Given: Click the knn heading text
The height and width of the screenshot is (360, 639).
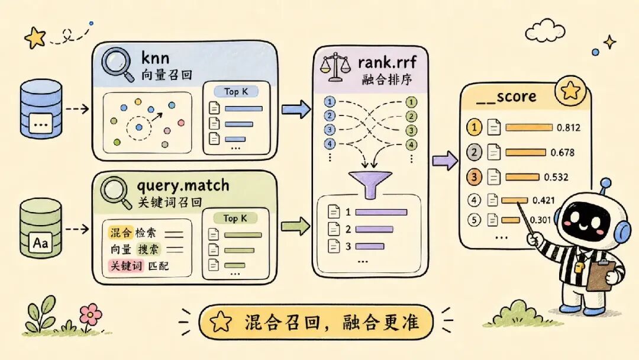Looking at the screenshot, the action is (x=155, y=58).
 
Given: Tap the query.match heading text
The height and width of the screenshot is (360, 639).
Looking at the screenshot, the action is (x=183, y=187).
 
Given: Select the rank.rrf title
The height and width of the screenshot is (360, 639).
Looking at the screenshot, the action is (x=387, y=62).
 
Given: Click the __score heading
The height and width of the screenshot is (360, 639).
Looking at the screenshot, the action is (x=506, y=97).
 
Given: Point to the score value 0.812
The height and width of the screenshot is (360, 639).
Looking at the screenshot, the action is (x=569, y=128).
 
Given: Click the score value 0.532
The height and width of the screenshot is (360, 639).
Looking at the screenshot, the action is (x=556, y=178).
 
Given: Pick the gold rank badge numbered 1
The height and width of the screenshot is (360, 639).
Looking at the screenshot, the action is (x=474, y=128).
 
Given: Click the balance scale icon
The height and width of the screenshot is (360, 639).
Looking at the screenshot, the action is (x=335, y=67).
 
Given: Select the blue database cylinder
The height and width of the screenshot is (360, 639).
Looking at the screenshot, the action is (x=41, y=108).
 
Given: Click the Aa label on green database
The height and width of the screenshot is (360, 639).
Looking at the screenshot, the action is (x=40, y=243).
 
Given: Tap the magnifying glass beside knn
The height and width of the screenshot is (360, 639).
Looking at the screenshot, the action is (x=118, y=65).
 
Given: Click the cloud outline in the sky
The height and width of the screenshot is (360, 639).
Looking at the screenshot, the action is (x=545, y=31).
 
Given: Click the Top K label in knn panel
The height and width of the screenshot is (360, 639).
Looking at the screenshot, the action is (x=236, y=92).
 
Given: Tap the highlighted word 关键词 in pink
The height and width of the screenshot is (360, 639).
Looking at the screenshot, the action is (x=127, y=266).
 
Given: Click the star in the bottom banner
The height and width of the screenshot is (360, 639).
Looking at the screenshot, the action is (x=221, y=322).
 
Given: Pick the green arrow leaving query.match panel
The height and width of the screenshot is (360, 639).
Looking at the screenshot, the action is (x=295, y=226).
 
